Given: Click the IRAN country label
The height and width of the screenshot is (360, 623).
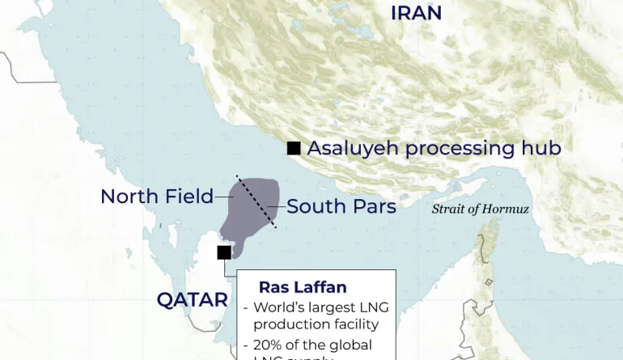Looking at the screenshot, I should tap(416, 13).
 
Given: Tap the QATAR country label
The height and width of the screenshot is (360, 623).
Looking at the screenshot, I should tap(192, 300).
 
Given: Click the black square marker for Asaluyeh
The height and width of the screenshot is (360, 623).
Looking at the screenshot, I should tap(294, 147).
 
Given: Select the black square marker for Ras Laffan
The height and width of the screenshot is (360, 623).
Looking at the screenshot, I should tap(224, 252).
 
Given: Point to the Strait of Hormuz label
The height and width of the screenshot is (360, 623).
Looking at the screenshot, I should tap(480, 209).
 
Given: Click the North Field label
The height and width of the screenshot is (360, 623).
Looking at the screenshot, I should tap(156, 197).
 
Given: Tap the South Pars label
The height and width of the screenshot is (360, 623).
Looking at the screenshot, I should tap(341, 206).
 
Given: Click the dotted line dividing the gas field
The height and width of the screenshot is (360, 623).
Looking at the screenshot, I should tap(256, 201).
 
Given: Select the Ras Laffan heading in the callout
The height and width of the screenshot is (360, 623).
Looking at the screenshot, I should tap(302, 287).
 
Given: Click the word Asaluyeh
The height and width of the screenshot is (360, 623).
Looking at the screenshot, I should tap(353, 149).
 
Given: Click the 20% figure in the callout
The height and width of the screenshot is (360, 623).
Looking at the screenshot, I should tap(268, 345).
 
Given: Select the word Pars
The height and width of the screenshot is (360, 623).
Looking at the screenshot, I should tap(374, 206).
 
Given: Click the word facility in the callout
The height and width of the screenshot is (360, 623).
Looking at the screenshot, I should tap(353, 324).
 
